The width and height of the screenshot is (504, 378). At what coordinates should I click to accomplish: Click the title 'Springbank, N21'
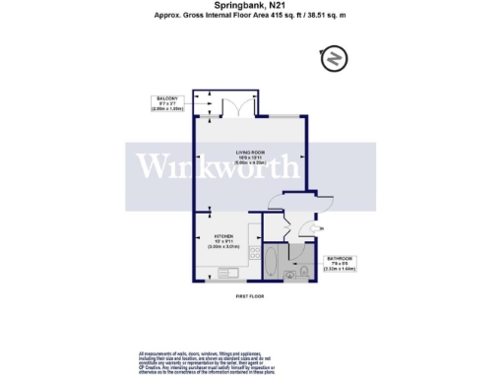(x=251, y=6)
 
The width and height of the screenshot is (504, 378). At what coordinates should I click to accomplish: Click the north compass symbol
(x=335, y=59)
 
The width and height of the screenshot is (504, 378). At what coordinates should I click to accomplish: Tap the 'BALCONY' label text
(x=164, y=98)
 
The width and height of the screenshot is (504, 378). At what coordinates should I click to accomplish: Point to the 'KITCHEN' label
(x=223, y=236)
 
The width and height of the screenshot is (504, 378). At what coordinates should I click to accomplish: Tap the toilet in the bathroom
(x=305, y=268)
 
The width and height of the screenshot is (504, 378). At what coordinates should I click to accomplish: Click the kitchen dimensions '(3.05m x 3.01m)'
(x=223, y=248)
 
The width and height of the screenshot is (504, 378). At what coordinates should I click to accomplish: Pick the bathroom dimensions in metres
(x=343, y=269)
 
